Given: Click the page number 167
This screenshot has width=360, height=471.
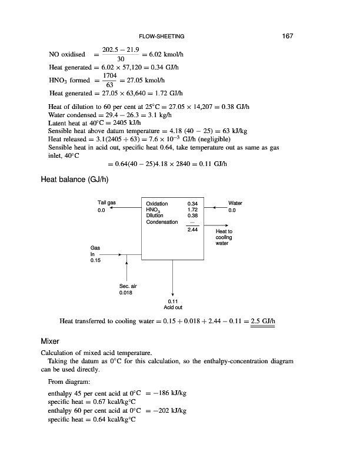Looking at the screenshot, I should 287,37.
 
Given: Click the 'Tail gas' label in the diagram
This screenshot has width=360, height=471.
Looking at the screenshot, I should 106,203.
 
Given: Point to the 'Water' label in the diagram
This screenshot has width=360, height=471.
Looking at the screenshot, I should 235,203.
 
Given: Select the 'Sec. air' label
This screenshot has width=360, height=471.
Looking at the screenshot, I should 127,286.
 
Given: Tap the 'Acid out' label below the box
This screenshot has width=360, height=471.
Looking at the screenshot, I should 173,307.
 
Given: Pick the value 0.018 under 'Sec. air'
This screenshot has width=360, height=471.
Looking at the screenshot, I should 126,292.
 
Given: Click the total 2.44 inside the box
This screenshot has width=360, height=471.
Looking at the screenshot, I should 192,229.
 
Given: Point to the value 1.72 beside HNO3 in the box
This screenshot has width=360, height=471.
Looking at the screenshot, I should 192,210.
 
